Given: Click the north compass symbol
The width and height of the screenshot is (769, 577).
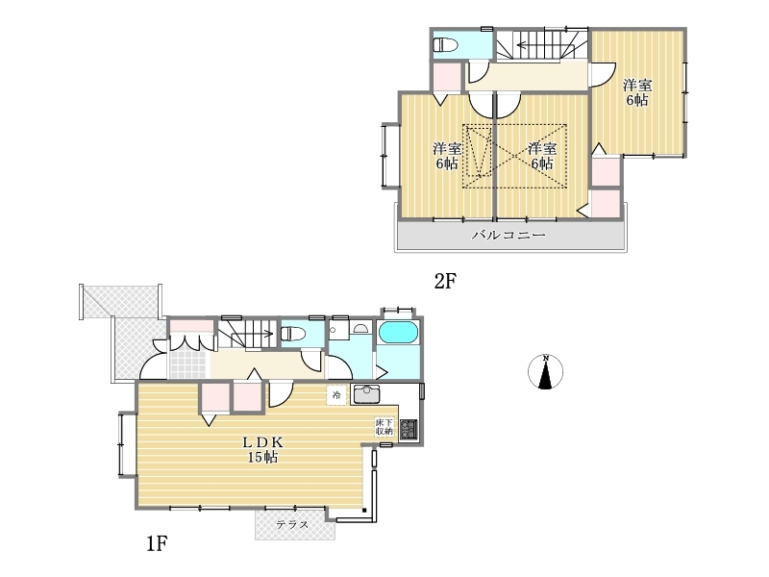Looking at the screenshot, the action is [x=545, y=371].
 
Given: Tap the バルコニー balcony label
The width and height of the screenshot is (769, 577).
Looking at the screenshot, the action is [x=509, y=235].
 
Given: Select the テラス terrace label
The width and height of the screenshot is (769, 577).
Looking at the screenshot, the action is [x=292, y=524].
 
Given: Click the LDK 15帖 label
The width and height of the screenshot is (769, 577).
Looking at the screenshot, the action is [x=262, y=449].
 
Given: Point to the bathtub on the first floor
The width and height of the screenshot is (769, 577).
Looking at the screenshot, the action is [x=398, y=332].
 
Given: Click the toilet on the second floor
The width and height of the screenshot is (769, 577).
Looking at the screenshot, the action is [x=445, y=44].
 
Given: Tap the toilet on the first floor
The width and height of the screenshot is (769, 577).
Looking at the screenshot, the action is [x=293, y=334].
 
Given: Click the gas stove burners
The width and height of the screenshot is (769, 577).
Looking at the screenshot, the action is [x=409, y=429].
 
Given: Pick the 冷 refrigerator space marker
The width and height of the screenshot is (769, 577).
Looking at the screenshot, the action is [x=336, y=395].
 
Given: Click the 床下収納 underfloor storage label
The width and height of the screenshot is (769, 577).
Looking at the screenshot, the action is [x=384, y=427].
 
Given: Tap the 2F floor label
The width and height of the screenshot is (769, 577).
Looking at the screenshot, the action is [x=445, y=281].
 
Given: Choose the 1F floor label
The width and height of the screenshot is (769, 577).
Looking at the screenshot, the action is [x=157, y=543].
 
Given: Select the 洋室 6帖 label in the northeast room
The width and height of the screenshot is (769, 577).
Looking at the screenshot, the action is [x=637, y=92].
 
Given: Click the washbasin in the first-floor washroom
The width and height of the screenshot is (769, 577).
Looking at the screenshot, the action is [x=363, y=328].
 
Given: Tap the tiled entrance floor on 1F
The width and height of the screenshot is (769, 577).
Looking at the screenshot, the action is [x=188, y=363].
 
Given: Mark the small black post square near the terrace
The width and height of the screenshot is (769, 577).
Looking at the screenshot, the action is [x=364, y=511].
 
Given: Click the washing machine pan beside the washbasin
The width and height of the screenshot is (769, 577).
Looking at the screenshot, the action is [x=339, y=330].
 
